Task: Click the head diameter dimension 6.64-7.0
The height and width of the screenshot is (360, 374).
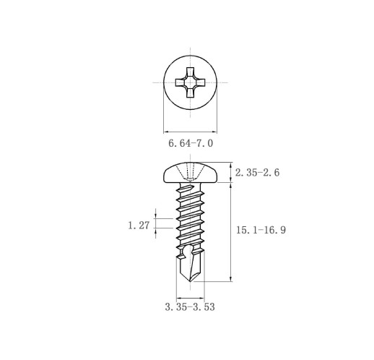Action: tap(191, 143)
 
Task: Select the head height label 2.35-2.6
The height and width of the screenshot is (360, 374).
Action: tap(257, 173)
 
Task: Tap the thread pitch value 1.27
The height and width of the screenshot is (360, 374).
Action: tap(139, 226)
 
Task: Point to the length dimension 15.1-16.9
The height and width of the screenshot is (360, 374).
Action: tap(261, 230)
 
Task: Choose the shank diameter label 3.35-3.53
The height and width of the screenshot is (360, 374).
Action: tap(190, 307)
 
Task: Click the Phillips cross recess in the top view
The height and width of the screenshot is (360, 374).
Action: tap(191, 82)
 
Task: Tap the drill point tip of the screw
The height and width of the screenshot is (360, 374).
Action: tap(190, 281)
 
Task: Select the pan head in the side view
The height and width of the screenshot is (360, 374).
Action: tap(191, 173)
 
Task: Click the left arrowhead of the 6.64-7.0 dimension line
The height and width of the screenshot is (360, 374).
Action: tap(166, 132)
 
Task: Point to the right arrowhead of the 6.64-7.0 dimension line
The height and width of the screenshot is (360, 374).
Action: tap(214, 132)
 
